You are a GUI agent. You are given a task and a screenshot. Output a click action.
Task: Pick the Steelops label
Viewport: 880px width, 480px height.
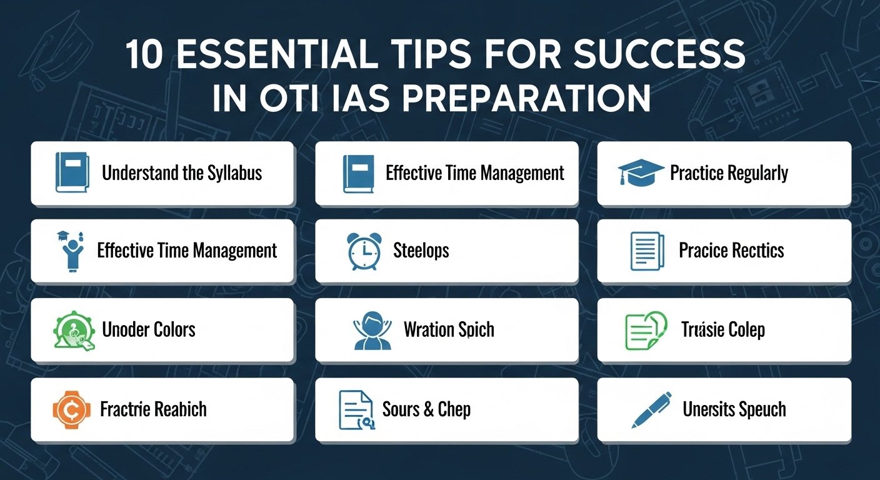421,251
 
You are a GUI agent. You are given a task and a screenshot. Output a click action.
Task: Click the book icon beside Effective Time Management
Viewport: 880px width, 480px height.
358,173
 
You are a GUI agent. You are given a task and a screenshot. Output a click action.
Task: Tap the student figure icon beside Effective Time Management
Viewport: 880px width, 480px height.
70,251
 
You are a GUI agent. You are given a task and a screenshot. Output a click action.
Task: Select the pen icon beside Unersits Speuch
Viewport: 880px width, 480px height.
651,409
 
